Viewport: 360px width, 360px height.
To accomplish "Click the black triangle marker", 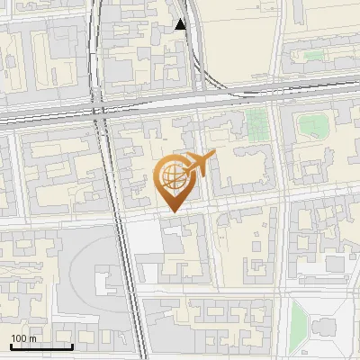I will pos(181,24).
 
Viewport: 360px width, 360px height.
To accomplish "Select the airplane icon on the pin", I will pos(199,164).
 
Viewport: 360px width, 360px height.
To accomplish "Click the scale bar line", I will pos(41,346).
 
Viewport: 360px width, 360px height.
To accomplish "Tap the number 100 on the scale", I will pos(19,338).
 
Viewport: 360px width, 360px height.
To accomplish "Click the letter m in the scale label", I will pos(32,338).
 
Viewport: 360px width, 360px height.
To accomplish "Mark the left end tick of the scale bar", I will pos(11,345).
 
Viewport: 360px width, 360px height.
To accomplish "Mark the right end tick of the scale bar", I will pos(72,345).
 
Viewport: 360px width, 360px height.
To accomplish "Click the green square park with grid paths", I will pos(258,122).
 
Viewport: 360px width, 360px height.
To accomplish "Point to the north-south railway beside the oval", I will pos(127,270).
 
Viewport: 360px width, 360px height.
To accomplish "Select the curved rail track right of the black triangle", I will pos(201,54).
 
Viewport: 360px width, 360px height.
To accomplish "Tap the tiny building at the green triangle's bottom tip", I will pos(297,353).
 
